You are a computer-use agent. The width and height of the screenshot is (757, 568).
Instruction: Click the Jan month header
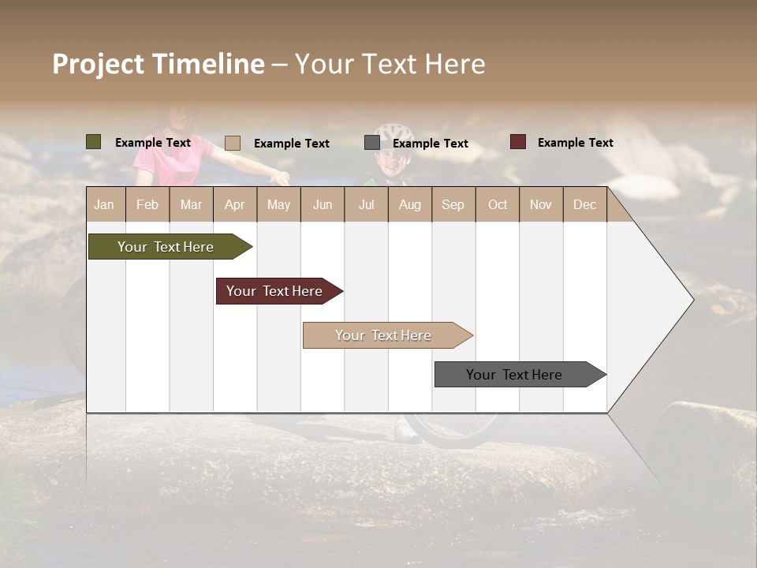[x=104, y=204]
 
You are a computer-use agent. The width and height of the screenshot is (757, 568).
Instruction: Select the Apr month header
[x=234, y=204]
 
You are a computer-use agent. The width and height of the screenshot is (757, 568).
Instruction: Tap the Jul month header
[x=366, y=204]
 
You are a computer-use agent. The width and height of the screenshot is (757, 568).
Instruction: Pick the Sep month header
[x=453, y=204]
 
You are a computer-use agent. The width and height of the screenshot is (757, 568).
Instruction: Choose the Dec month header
[x=584, y=204]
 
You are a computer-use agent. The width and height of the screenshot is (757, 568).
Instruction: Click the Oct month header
[x=497, y=204]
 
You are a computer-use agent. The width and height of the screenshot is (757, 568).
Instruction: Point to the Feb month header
[x=147, y=204]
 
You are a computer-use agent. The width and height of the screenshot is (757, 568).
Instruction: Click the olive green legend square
[x=93, y=142]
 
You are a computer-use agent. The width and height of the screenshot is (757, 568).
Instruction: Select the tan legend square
[x=232, y=143]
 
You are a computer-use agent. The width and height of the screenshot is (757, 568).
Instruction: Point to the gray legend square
[x=371, y=143]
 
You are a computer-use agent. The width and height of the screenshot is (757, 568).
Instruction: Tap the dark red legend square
[x=517, y=142]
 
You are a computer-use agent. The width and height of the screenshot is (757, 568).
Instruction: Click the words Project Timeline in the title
[x=158, y=64]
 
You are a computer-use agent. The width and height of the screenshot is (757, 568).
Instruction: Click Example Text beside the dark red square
[x=575, y=143]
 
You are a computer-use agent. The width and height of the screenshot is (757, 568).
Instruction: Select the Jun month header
[x=322, y=204]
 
